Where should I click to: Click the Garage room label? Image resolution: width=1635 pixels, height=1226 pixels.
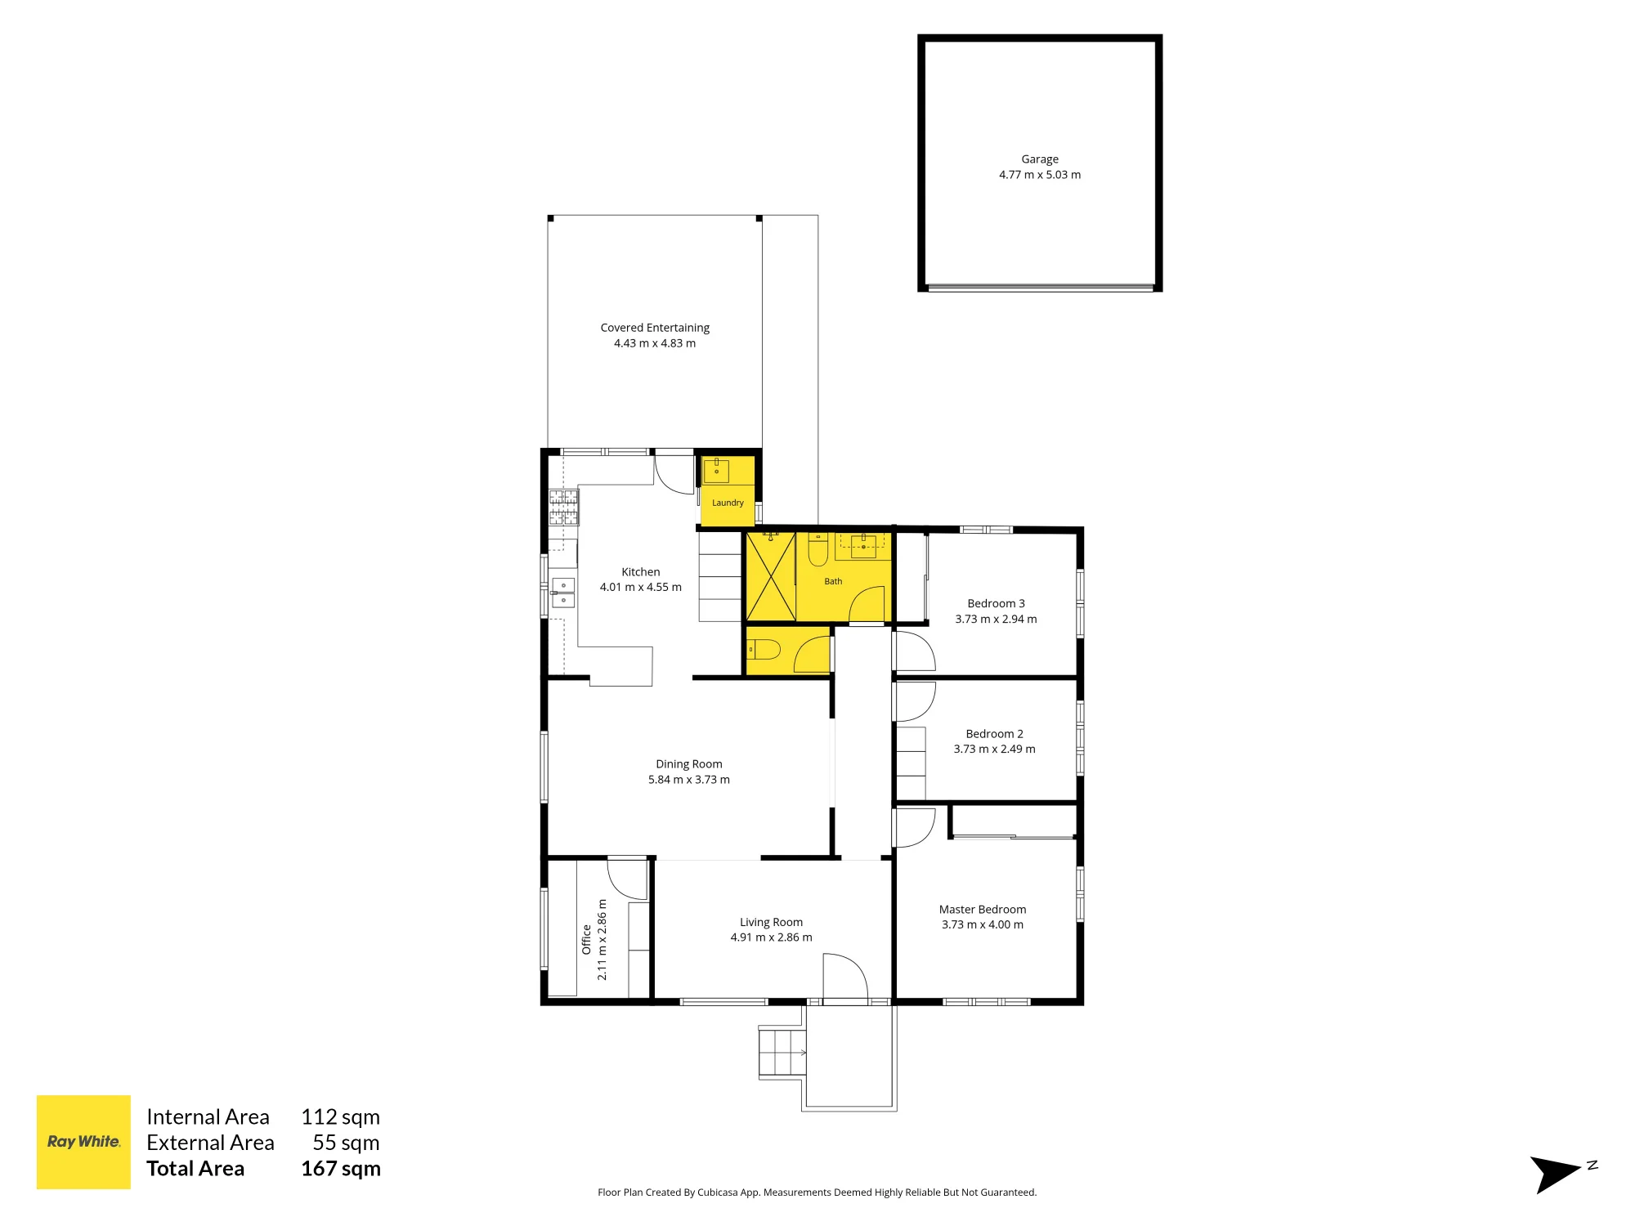(1039, 159)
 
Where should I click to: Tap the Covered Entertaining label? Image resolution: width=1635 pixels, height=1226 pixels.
(655, 328)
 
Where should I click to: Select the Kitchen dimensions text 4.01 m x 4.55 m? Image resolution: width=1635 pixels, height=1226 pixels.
(641, 587)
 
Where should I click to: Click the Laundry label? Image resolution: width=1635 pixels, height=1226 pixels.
(728, 503)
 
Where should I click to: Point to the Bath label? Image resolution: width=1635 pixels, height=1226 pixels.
(833, 581)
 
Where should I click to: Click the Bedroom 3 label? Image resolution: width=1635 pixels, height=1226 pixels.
(996, 603)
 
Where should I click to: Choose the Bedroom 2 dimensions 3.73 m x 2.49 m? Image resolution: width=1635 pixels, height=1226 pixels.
(994, 749)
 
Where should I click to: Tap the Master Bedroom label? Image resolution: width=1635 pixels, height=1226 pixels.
(983, 909)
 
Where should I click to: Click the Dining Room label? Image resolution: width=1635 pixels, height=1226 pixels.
(689, 764)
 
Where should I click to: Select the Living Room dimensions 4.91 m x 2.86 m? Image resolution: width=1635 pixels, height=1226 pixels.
(772, 937)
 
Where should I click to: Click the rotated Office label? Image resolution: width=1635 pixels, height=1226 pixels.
(586, 940)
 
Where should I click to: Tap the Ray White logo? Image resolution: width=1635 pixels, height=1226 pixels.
(83, 1142)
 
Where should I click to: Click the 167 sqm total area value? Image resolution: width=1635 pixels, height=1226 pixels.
(341, 1169)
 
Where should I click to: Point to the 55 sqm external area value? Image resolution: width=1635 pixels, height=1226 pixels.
(346, 1143)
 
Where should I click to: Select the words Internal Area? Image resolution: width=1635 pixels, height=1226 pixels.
(208, 1116)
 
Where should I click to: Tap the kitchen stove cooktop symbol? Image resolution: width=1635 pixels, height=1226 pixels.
(563, 507)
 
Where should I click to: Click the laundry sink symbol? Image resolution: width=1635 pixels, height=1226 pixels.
(716, 471)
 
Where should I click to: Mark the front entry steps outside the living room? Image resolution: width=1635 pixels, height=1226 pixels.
(782, 1053)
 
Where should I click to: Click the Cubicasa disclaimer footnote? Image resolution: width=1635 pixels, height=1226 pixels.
(817, 1192)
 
